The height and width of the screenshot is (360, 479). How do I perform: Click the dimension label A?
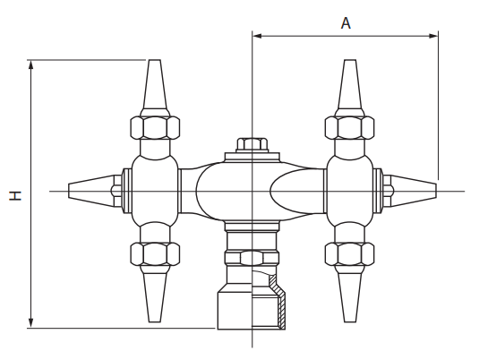coord(346,23)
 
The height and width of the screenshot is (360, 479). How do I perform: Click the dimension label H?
coord(15,196)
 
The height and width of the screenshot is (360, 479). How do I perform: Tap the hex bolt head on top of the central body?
coord(252,145)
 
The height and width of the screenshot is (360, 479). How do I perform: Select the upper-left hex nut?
coord(155,128)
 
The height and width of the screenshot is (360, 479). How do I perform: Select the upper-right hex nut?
coord(350,128)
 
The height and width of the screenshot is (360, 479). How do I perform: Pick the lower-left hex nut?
coord(155,254)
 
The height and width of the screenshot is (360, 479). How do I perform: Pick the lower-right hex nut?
coord(350,254)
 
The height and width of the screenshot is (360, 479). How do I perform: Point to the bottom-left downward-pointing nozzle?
coord(155,294)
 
